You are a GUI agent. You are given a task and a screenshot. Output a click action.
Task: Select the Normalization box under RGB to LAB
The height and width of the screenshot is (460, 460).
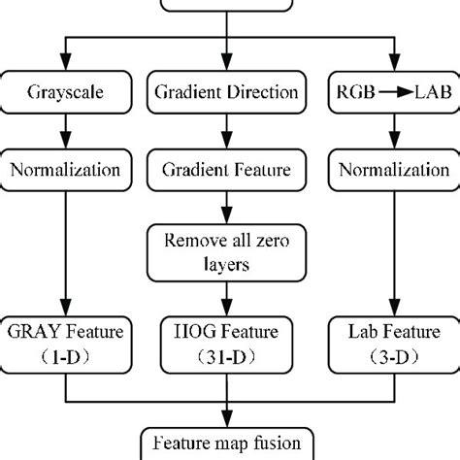(x=393, y=171)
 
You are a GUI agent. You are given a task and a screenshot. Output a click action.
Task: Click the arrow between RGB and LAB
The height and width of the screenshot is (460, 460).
(x=393, y=95)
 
